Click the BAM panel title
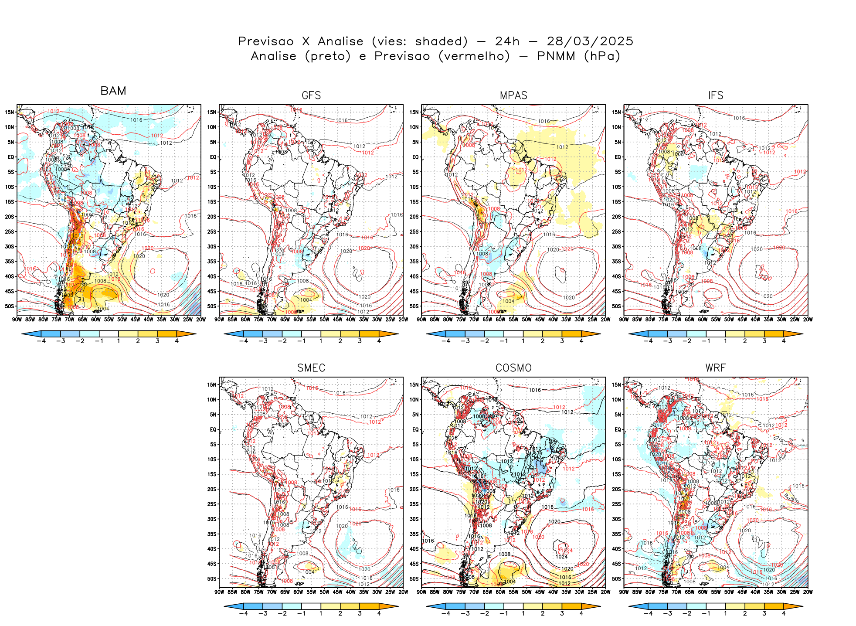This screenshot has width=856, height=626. pyautogui.click(x=113, y=91)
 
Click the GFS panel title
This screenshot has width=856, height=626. pyautogui.click(x=311, y=95)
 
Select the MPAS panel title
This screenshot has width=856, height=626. pyautogui.click(x=513, y=95)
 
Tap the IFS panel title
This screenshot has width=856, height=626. pyautogui.click(x=716, y=95)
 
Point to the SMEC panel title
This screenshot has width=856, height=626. pyautogui.click(x=311, y=368)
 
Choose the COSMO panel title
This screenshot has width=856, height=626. pyautogui.click(x=513, y=368)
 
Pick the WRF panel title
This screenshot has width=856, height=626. pyautogui.click(x=716, y=368)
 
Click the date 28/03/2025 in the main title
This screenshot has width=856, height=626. pyautogui.click(x=590, y=41)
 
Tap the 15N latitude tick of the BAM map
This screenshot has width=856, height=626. pyautogui.click(x=10, y=112)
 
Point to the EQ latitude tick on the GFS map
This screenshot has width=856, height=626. pyautogui.click(x=213, y=157)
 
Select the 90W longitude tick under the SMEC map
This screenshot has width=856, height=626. pyautogui.click(x=219, y=592)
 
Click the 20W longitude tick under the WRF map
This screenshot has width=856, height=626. pyautogui.click(x=808, y=592)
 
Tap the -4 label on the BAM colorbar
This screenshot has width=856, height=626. pyautogui.click(x=41, y=341)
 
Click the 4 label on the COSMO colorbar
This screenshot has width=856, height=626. pyautogui.click(x=581, y=613)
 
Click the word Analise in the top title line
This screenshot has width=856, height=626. pyautogui.click(x=340, y=41)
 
